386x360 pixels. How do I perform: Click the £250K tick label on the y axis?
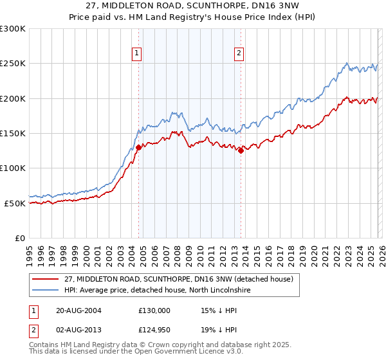point(13,64)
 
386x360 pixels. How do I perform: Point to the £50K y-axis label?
point(15,203)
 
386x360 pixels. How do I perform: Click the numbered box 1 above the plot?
point(137,53)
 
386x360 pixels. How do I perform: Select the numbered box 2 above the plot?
point(239,53)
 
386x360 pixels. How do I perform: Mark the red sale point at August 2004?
point(138,147)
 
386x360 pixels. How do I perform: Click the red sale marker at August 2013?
point(240,151)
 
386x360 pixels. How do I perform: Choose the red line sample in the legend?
point(46,279)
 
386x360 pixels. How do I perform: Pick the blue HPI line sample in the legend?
point(46,290)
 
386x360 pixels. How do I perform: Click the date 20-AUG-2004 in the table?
point(78,310)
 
